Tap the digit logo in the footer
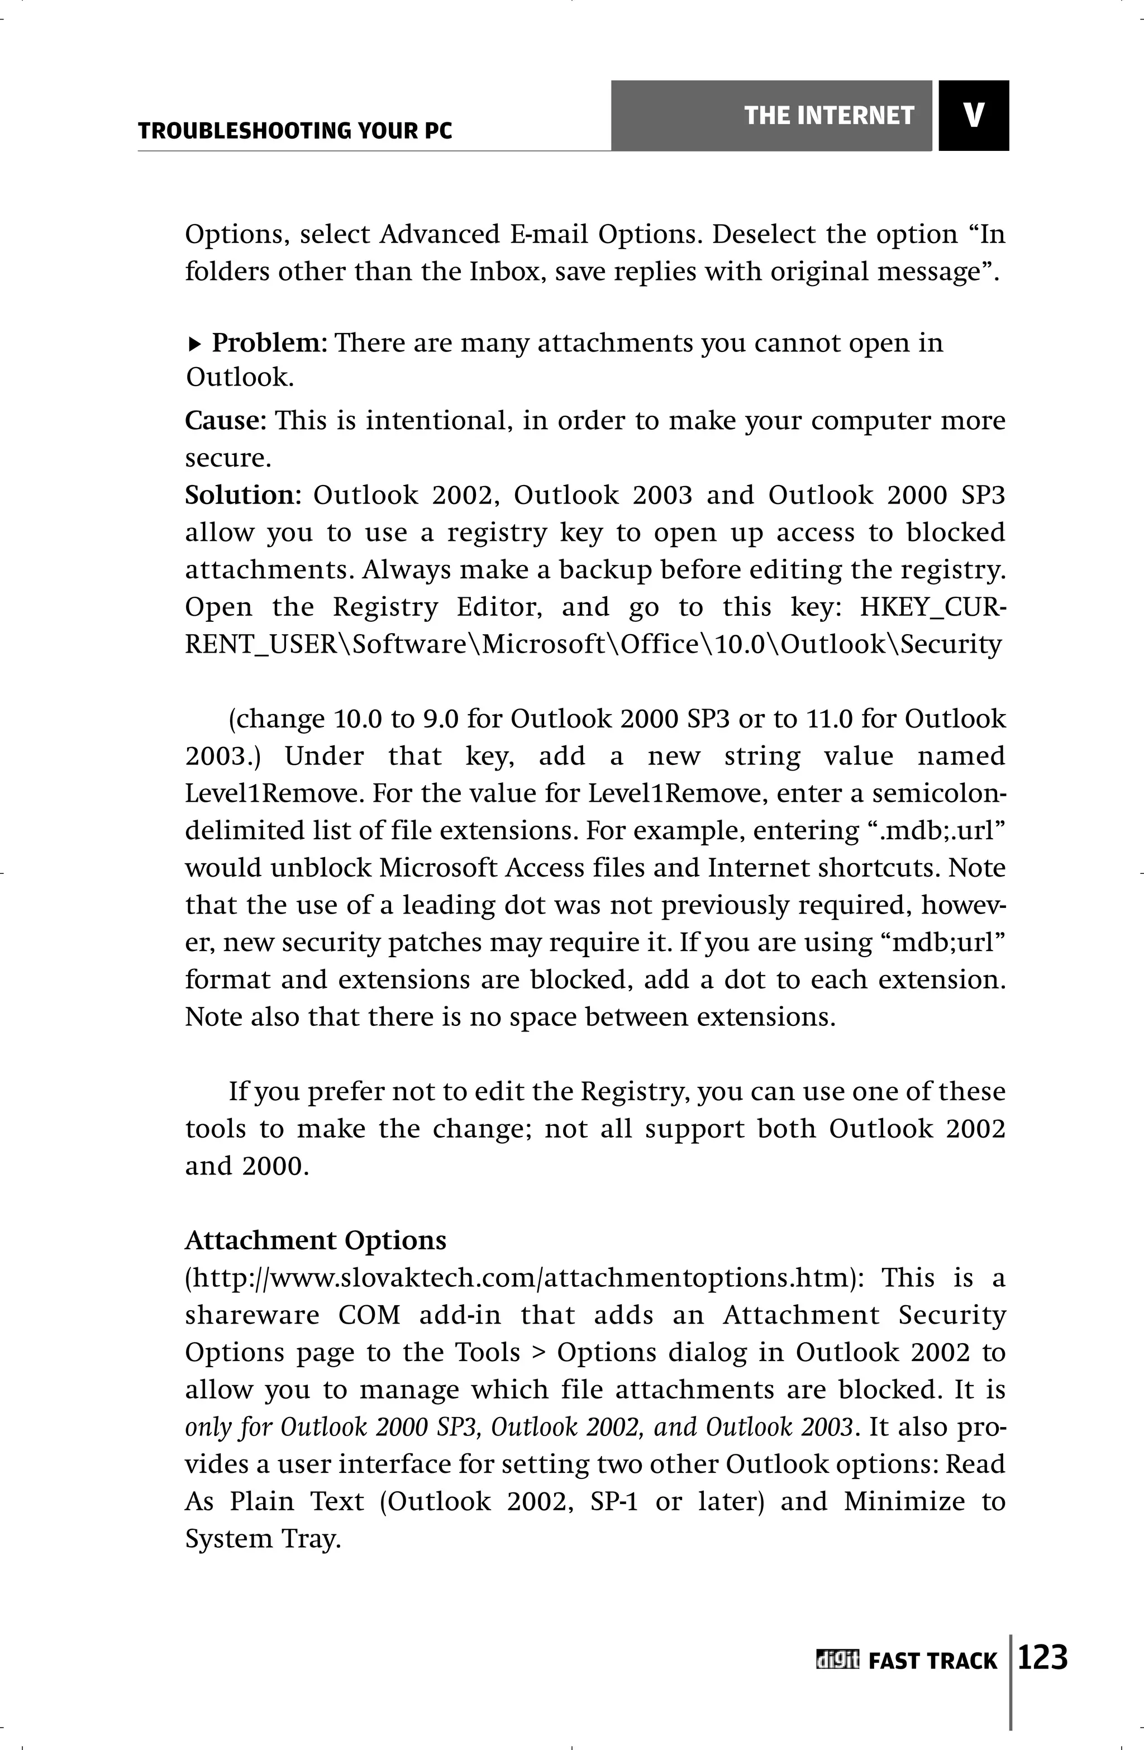(x=837, y=1660)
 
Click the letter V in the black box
(x=974, y=116)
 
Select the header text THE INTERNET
(x=828, y=116)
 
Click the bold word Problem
(x=270, y=343)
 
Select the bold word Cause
(x=223, y=421)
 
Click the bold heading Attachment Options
(x=316, y=1240)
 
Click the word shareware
(x=252, y=1315)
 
